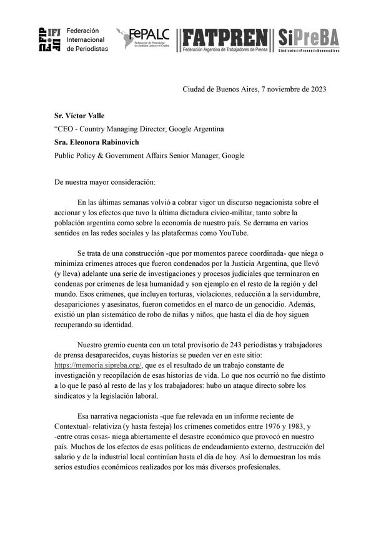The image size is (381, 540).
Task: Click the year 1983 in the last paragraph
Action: (293, 425)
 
